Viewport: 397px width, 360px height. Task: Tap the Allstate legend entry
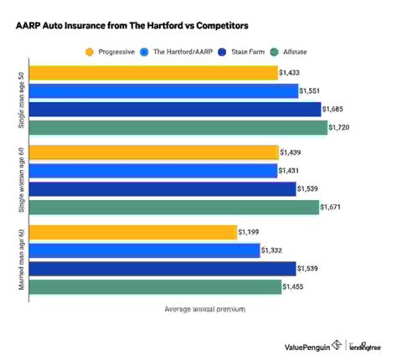point(305,51)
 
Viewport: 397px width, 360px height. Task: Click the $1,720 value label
point(342,128)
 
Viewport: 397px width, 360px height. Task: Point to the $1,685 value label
point(336,110)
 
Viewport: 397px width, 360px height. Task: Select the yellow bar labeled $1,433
point(154,74)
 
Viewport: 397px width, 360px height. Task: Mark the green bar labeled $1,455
point(156,286)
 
